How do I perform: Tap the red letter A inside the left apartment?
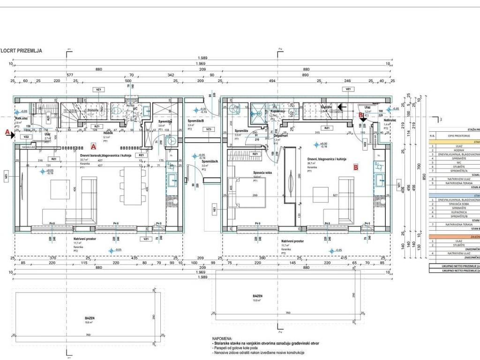[x=93, y=146]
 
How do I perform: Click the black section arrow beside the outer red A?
[x=12, y=135]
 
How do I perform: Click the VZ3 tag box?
[x=208, y=129]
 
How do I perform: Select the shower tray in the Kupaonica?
[x=257, y=112]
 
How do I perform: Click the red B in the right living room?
[x=356, y=166]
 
